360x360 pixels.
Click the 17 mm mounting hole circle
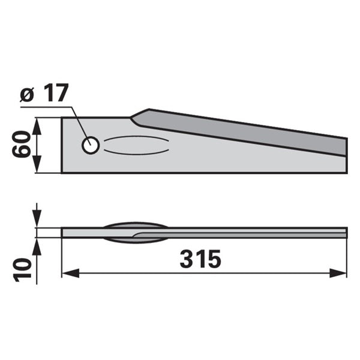91,145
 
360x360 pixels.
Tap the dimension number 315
200,259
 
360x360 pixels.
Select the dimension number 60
21,144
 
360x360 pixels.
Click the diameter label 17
56,93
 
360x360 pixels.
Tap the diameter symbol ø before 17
27,95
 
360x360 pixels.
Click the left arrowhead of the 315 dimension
70,273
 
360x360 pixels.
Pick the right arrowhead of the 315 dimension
338,273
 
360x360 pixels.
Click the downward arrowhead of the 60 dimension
37,164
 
